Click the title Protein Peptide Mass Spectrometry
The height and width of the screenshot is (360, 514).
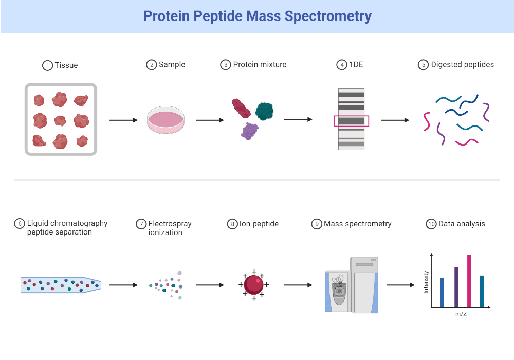click(x=257, y=16)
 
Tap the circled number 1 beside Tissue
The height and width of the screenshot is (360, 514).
click(x=47, y=66)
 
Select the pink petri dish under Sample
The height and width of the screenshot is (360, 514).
click(x=166, y=121)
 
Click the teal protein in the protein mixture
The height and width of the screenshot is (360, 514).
click(x=264, y=111)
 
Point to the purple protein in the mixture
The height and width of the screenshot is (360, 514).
click(x=250, y=131)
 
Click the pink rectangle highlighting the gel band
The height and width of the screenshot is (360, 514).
click(x=351, y=121)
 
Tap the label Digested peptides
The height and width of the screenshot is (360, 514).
click(x=462, y=65)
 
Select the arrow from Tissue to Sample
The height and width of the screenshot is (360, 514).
click(x=124, y=120)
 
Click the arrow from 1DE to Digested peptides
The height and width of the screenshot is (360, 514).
click(x=395, y=120)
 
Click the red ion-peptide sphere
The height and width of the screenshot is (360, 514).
click(x=253, y=284)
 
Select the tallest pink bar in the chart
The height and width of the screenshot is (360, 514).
click(x=469, y=281)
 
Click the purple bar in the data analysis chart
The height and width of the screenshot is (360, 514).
click(x=456, y=287)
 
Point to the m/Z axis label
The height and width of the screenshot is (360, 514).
click(x=461, y=314)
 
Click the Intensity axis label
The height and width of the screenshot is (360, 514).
click(x=426, y=282)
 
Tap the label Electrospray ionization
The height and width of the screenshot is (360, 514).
click(x=170, y=228)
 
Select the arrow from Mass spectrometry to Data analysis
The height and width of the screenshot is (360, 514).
click(x=400, y=285)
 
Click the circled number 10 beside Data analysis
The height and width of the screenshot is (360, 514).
click(x=431, y=224)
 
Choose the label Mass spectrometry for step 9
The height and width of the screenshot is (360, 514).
click(x=357, y=224)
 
